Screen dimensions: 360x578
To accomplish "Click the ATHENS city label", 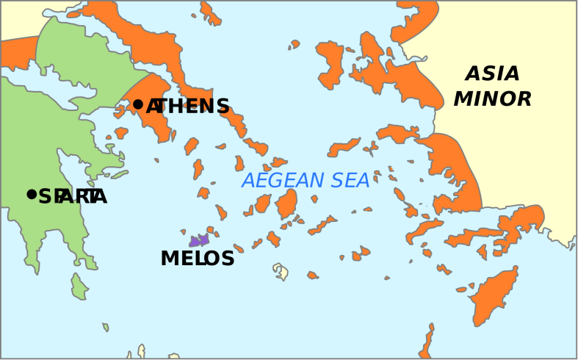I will pyautogui.click(x=188, y=107).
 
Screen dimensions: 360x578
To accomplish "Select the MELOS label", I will pyautogui.click(x=197, y=259).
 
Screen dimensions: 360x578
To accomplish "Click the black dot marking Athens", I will pyautogui.click(x=137, y=104).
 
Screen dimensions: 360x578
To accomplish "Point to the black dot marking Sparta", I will pyautogui.click(x=31, y=194).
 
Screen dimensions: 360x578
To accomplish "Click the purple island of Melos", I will pyautogui.click(x=199, y=240).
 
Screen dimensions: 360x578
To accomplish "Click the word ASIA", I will pyautogui.click(x=492, y=74).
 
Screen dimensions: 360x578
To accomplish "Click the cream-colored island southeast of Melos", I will pyautogui.click(x=281, y=272).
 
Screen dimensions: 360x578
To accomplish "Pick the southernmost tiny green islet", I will pyautogui.click(x=105, y=327).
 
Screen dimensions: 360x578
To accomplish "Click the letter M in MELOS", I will pyautogui.click(x=168, y=259).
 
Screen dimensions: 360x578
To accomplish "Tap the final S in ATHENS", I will pyautogui.click(x=222, y=107).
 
